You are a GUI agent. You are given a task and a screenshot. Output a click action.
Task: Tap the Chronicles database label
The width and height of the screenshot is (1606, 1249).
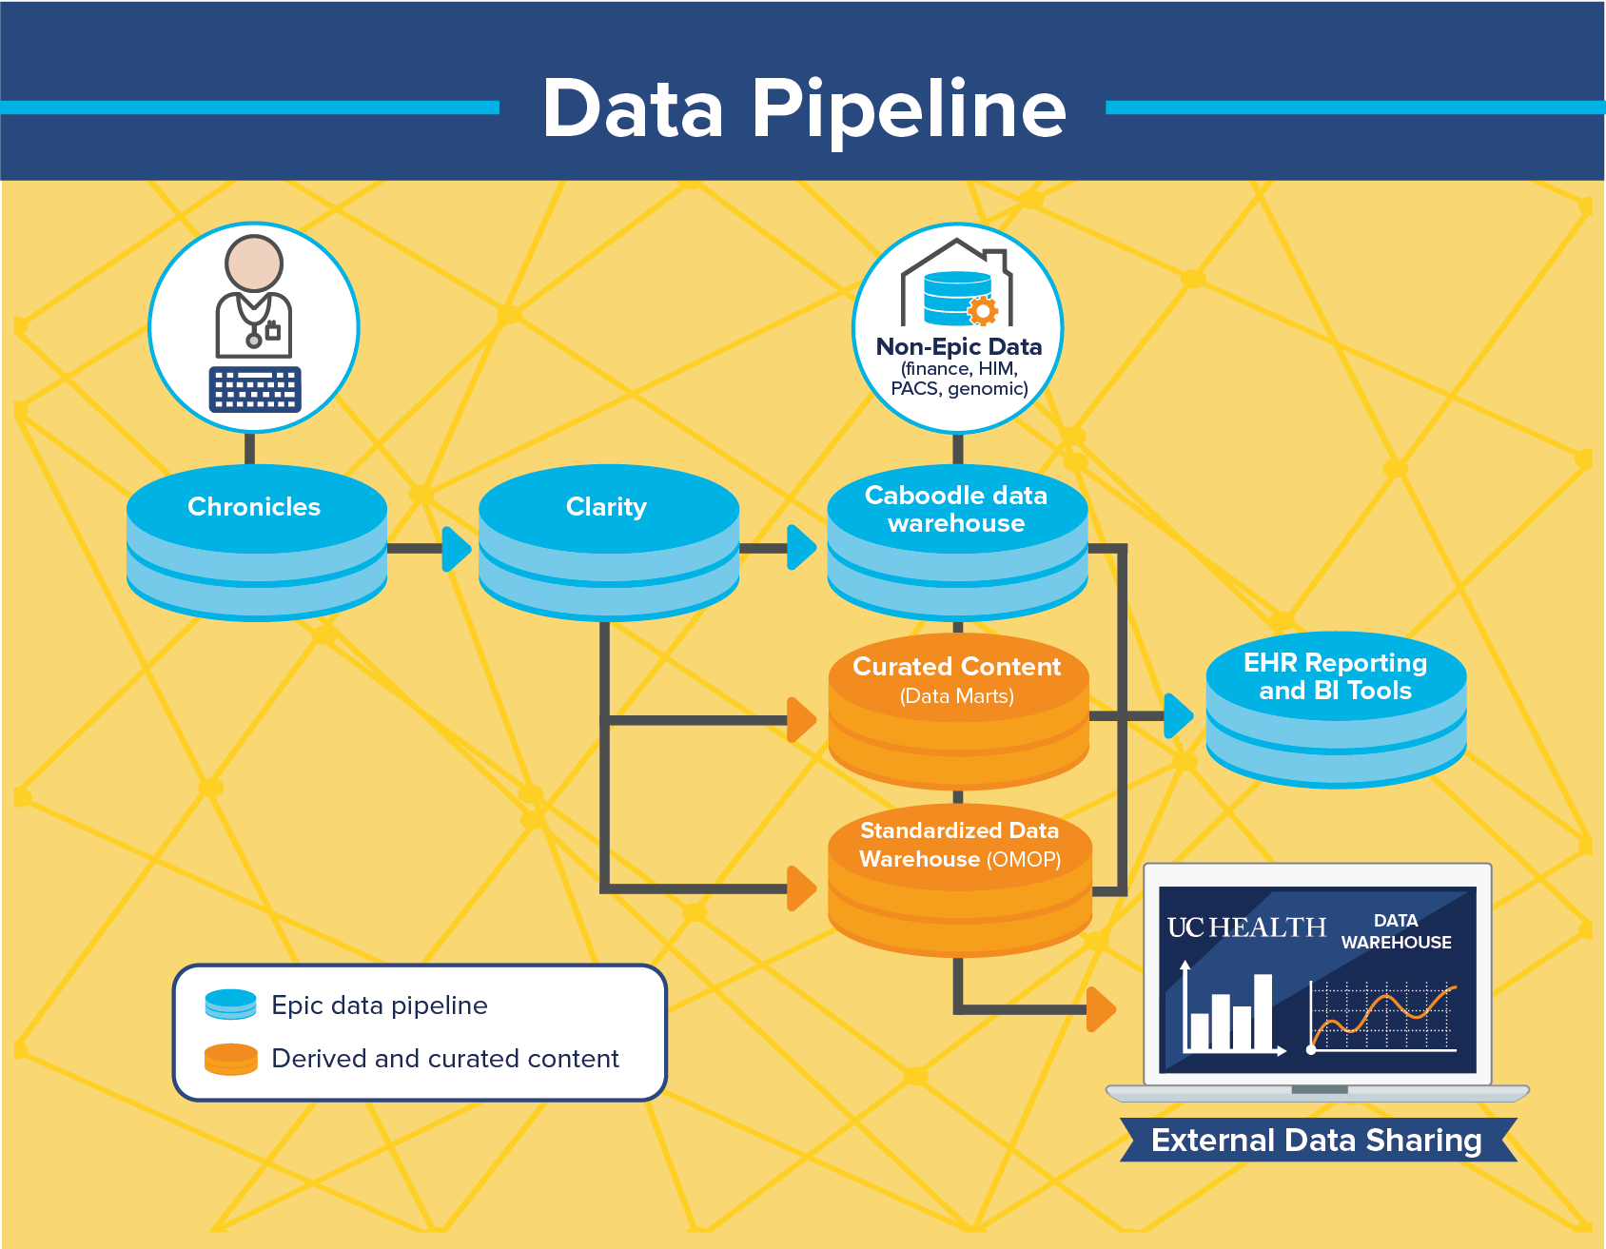[x=254, y=507]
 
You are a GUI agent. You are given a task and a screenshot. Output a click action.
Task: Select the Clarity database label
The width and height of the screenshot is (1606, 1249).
[x=606, y=507]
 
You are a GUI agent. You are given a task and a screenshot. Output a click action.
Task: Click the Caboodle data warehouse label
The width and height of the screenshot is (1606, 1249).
[x=956, y=509]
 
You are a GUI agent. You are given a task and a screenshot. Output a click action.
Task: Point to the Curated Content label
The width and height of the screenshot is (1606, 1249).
[x=956, y=668]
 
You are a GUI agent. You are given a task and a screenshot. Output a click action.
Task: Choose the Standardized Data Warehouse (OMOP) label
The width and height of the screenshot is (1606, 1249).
[x=959, y=845]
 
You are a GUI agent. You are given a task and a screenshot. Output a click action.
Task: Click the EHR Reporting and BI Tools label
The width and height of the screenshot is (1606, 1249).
[x=1335, y=676]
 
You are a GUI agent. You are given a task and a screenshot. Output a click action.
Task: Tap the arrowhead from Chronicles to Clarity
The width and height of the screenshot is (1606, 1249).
[x=457, y=549]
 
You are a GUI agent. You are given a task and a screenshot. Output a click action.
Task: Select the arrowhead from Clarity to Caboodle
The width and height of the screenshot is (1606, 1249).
[x=802, y=549]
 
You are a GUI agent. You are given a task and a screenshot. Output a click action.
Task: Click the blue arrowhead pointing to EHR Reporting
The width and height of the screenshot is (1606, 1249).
[x=1178, y=715]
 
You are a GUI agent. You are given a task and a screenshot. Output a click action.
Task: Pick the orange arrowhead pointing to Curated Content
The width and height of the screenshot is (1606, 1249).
[x=801, y=719]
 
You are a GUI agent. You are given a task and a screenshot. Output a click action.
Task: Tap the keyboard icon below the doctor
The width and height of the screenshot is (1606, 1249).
[x=255, y=389]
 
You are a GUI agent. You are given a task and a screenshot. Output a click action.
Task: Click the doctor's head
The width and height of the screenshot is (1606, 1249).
[x=254, y=263]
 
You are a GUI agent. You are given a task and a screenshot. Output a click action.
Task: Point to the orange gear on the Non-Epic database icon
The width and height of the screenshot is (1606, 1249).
[x=983, y=310]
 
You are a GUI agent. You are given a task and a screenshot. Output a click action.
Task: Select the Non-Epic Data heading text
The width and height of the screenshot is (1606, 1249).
[x=959, y=347]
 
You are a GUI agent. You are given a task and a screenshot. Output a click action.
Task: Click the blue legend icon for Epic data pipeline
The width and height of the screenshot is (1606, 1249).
[x=231, y=1005]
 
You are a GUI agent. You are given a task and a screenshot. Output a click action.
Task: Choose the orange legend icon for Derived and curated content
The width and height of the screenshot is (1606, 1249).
[x=231, y=1059]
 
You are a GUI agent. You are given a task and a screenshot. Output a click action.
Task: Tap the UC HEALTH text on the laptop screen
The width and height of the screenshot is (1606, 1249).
[x=1246, y=927]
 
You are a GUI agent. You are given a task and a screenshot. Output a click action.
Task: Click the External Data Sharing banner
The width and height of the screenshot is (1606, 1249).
[x=1317, y=1140]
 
